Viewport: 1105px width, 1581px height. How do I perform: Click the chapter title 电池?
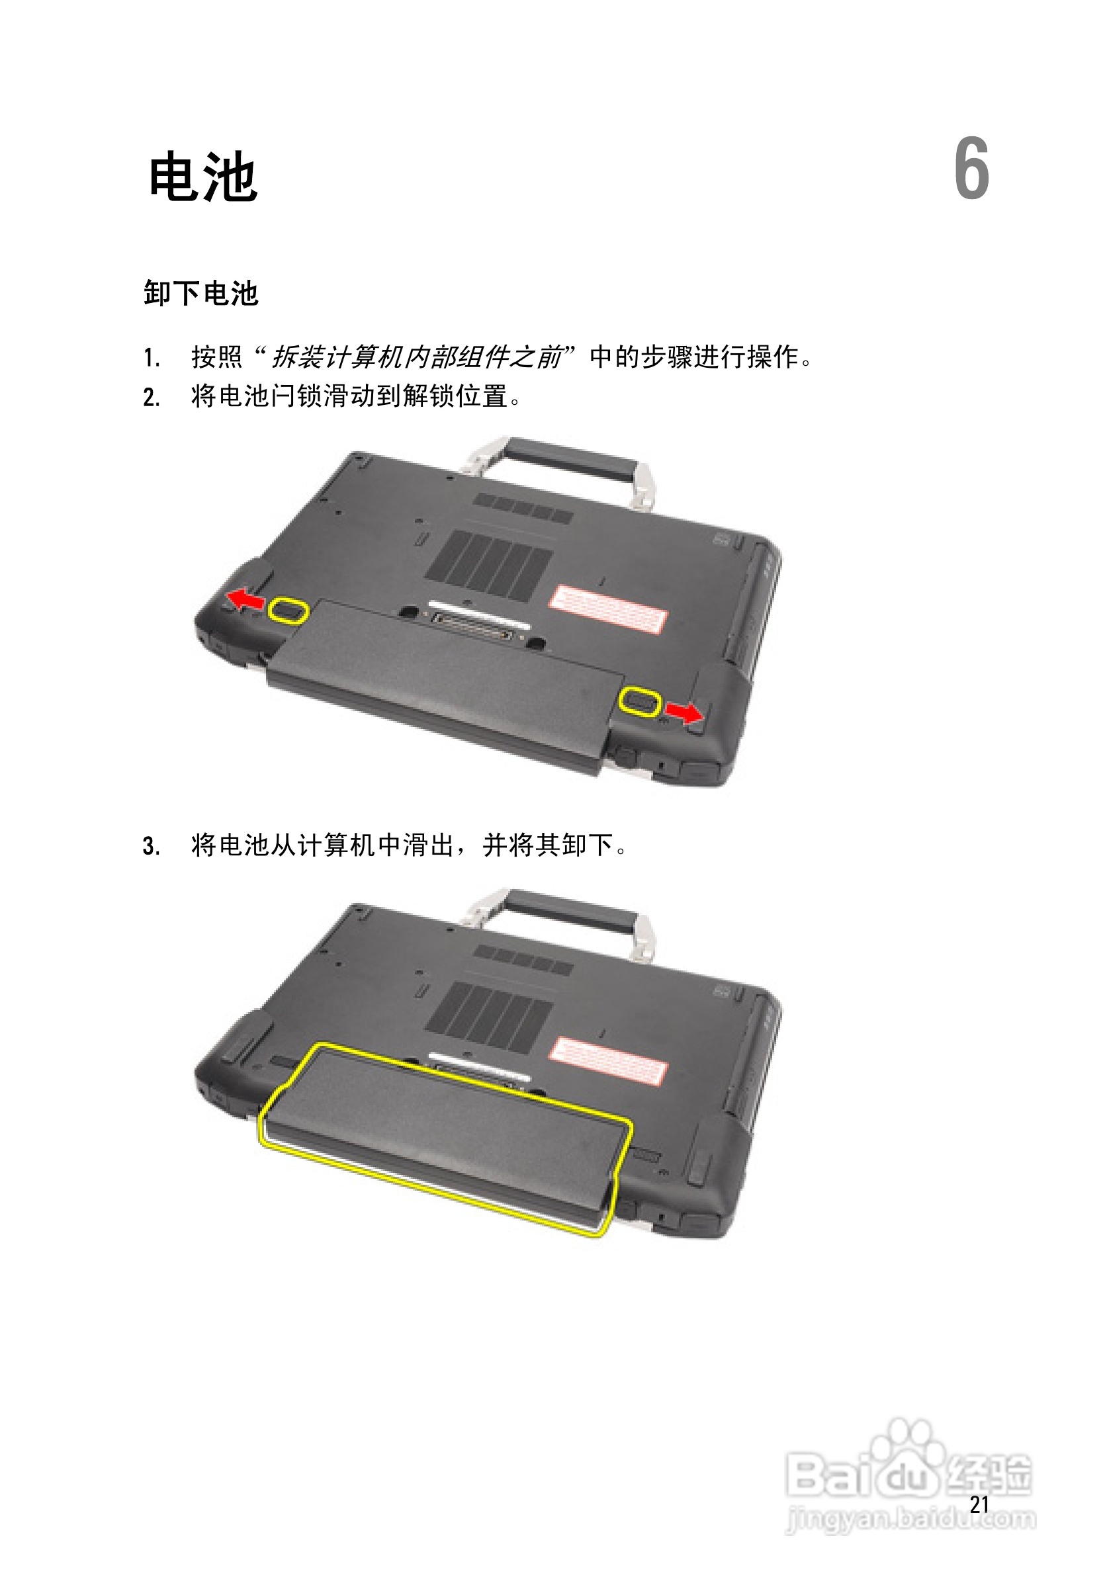pos(203,177)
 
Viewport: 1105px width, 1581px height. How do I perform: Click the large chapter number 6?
pos(971,169)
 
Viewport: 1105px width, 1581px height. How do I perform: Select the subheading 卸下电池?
pos(200,293)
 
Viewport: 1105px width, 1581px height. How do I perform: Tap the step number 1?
pos(152,358)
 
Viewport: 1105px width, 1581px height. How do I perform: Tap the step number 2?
pos(152,398)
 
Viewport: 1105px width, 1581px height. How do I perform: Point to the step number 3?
pos(152,845)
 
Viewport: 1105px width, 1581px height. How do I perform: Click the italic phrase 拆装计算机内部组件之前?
pos(416,357)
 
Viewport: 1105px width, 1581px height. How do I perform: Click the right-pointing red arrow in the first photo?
pos(684,712)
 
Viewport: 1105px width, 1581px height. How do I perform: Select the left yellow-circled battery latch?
pos(288,610)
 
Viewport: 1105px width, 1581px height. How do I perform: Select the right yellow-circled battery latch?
pos(640,701)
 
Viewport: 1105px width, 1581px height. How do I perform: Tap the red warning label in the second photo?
pos(607,1061)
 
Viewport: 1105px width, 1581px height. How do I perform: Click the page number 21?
pos(979,1504)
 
